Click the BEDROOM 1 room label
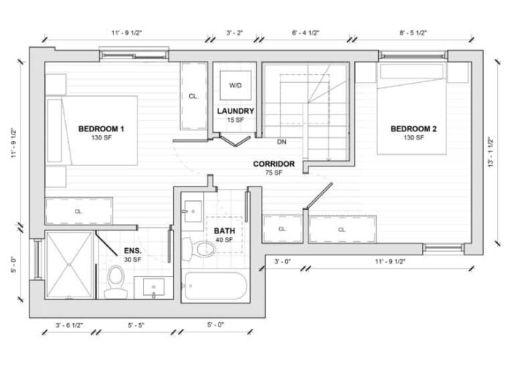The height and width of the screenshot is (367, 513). [101, 129]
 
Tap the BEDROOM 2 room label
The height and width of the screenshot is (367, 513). [413, 129]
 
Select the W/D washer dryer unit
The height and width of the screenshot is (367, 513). [235, 86]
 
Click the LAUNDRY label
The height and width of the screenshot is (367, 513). [235, 112]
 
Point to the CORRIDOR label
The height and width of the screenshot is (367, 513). [274, 164]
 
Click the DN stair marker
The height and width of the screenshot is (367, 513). [281, 142]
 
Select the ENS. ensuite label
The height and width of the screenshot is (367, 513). [133, 251]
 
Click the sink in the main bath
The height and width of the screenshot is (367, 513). [193, 211]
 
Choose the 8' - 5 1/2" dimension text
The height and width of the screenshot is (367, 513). [413, 32]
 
